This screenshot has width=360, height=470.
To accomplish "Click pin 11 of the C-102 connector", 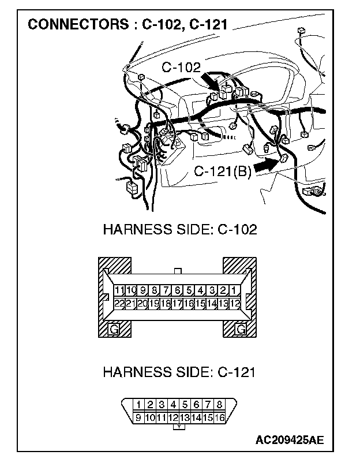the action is point(119,290).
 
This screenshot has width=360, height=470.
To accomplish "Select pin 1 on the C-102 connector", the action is point(234,290).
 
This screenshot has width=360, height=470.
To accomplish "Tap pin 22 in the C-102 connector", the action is point(119,303).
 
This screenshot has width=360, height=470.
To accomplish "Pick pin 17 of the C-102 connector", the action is point(177,303).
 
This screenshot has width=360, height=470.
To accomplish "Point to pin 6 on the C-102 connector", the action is point(177,290).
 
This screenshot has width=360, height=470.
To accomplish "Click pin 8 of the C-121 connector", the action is point(219,405).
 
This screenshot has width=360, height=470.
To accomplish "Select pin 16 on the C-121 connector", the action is point(219,417).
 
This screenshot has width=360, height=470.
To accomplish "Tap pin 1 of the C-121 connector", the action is point(138,405).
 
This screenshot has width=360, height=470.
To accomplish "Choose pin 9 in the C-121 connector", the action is point(138,417).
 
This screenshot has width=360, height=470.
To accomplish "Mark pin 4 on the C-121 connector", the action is point(173,405).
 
